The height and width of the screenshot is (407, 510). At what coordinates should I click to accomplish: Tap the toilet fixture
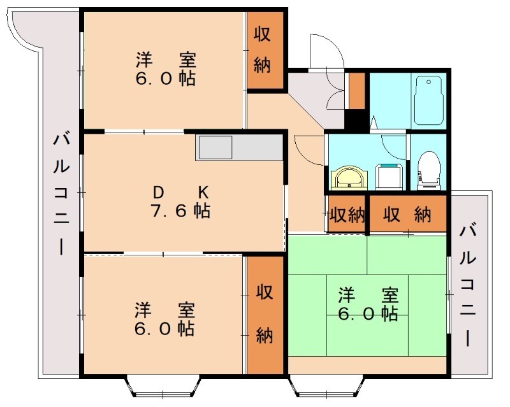(x=428, y=170)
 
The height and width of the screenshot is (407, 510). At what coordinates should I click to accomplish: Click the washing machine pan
(x=388, y=175)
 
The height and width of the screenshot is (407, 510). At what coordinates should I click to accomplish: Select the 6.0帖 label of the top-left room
(x=164, y=79)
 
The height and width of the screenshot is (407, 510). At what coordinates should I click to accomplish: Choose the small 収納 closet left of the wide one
(x=346, y=215)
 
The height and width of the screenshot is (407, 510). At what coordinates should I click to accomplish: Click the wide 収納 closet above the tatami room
(x=408, y=215)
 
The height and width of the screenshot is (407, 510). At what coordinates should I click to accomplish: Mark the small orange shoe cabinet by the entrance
(x=356, y=91)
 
